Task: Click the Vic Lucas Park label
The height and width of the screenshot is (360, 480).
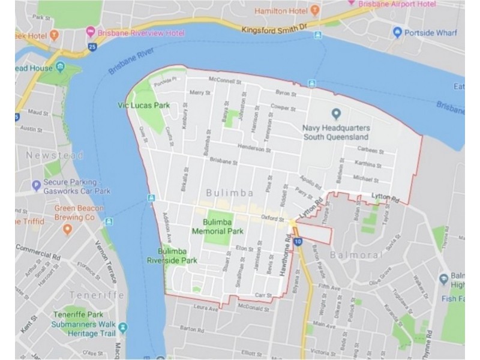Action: pos(144,106)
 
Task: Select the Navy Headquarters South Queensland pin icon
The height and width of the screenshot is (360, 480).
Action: pos(336,113)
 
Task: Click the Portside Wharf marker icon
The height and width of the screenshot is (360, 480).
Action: pos(397,32)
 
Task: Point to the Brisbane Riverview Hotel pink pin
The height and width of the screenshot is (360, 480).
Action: pos(91,31)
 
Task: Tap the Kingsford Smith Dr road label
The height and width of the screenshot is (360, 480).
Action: pos(274,28)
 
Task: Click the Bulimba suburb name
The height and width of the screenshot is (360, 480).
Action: pos(230,193)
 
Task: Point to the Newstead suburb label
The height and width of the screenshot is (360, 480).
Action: pos(55,155)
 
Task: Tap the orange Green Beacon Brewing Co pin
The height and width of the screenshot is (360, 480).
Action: pos(67,229)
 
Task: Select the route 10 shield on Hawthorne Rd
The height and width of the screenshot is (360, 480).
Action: pos(298,242)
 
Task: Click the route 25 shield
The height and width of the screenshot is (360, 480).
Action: pos(92,46)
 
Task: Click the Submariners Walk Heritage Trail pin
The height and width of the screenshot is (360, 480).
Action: pos(123,328)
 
